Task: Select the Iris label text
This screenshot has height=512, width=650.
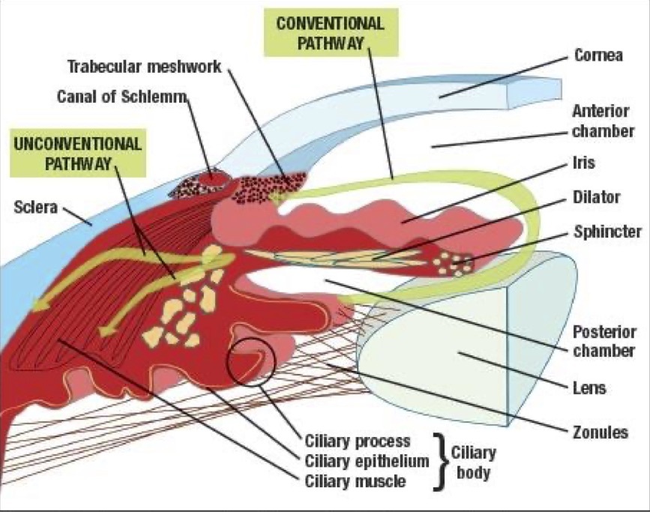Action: (x=584, y=163)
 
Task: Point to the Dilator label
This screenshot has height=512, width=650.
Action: (x=596, y=197)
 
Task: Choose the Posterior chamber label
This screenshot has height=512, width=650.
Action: (x=604, y=341)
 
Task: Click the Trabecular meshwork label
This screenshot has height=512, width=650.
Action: (x=144, y=66)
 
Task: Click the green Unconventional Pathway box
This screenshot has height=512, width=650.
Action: (x=76, y=153)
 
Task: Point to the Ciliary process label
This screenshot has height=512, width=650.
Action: (x=358, y=440)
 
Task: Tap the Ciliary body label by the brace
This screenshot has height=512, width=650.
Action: (x=473, y=463)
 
